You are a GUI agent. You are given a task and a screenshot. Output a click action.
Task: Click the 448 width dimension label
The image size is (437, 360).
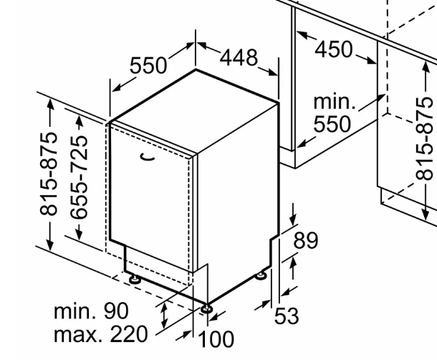click(239, 58)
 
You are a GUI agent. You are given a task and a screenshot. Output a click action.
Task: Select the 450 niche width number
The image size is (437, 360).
click(334, 49)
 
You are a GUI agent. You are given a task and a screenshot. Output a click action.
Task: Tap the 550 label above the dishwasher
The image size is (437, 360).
click(148, 65)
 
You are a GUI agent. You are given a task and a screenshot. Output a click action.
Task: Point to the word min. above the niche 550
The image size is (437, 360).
click(335, 102)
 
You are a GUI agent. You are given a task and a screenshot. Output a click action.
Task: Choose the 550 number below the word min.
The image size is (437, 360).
click(332, 123)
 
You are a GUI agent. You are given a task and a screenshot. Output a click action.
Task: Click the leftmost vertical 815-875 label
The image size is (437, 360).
click(49, 174)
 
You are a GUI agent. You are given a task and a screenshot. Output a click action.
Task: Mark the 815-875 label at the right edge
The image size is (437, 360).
click(424, 138)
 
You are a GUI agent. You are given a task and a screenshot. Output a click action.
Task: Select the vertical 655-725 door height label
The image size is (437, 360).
click(79, 177)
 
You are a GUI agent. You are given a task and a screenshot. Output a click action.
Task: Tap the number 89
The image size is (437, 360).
click(306, 240)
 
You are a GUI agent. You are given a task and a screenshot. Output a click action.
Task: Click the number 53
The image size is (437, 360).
click(287, 316)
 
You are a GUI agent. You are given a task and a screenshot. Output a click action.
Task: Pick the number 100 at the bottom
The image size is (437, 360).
click(216, 339)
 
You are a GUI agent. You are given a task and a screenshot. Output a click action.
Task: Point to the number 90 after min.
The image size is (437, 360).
click(116, 311)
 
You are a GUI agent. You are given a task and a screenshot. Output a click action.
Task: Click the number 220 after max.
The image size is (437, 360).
click(128, 334)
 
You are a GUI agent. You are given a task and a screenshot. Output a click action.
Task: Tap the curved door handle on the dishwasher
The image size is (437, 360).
click(148, 157)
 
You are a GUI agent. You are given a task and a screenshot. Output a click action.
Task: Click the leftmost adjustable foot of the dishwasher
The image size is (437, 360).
click(135, 278)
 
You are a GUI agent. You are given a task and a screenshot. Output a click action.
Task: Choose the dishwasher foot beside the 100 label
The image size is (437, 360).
click(206, 308)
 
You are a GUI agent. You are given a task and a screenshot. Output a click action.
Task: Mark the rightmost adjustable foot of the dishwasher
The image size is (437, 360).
click(261, 275)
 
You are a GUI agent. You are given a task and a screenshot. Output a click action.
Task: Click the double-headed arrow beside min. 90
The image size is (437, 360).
click(165, 316)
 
